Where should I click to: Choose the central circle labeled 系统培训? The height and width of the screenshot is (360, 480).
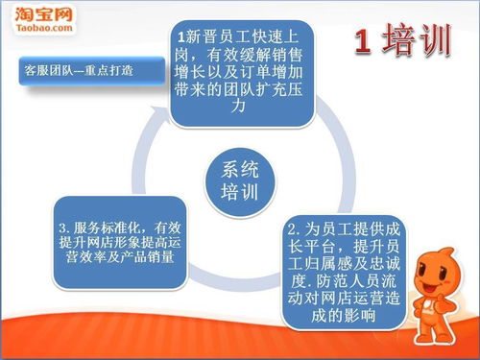coord(240,180)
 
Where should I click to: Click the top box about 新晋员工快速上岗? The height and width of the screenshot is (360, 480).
coord(241,73)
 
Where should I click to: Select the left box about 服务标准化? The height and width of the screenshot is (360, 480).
coord(119,243)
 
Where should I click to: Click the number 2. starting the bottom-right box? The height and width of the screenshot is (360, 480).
coord(295,231)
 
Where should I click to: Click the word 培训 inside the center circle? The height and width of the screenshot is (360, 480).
coord(240,191)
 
